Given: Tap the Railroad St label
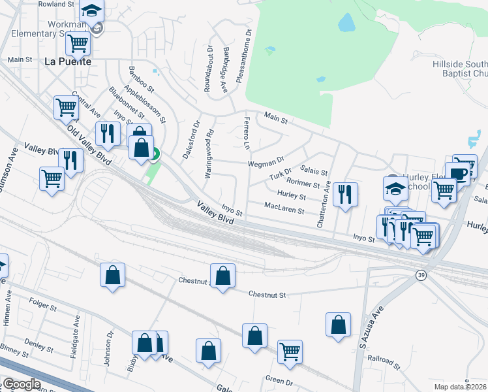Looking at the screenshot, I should (383, 360).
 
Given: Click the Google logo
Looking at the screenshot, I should (22, 384).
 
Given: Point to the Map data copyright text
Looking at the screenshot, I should (459, 387).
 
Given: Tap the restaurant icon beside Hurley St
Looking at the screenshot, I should (344, 193).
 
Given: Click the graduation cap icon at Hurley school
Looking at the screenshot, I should (395, 188).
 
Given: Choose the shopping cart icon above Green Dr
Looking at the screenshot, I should (290, 352).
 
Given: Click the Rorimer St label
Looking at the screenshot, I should (303, 184).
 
